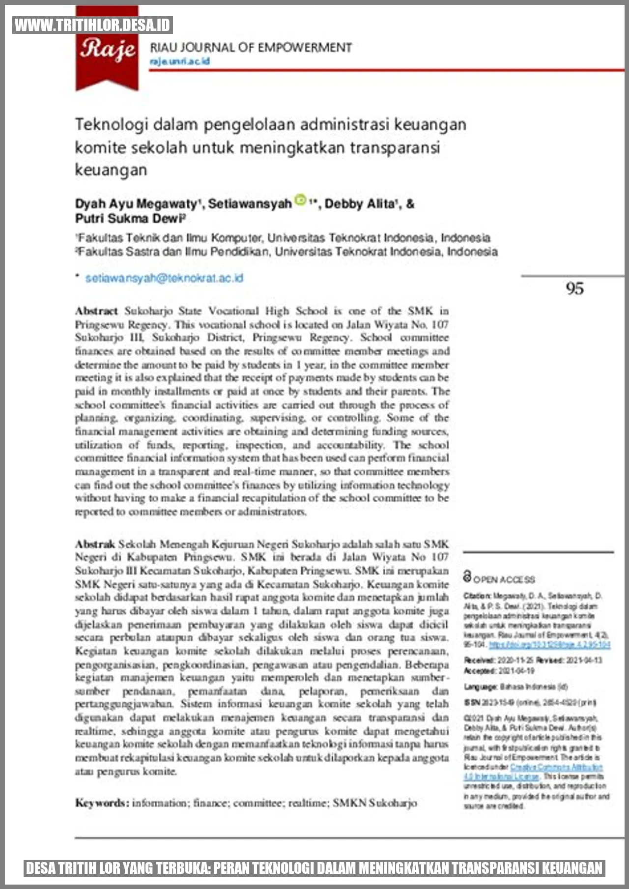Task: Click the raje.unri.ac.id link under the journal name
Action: pyautogui.click(x=180, y=61)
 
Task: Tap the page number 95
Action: pyautogui.click(x=575, y=288)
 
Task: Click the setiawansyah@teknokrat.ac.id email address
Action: pyautogui.click(x=164, y=278)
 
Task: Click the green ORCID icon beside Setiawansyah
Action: pyautogui.click(x=300, y=200)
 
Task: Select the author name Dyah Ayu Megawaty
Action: pyautogui.click(x=136, y=203)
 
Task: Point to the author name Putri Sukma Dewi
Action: pyautogui.click(x=129, y=218)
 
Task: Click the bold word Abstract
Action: pyautogui.click(x=96, y=311)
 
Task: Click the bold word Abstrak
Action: pyautogui.click(x=95, y=544)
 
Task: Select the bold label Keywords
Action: pyautogui.click(x=102, y=803)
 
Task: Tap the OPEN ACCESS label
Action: pyautogui.click(x=504, y=580)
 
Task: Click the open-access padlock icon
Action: pyautogui.click(x=467, y=576)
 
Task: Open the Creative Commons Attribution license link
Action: pyautogui.click(x=556, y=767)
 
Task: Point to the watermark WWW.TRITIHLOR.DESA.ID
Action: pyautogui.click(x=92, y=25)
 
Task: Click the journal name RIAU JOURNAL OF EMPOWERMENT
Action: pyautogui.click(x=251, y=48)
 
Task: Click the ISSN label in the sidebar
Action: pyautogui.click(x=472, y=703)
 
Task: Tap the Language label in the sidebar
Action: pyautogui.click(x=481, y=687)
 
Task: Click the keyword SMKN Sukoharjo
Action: pyautogui.click(x=374, y=803)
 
